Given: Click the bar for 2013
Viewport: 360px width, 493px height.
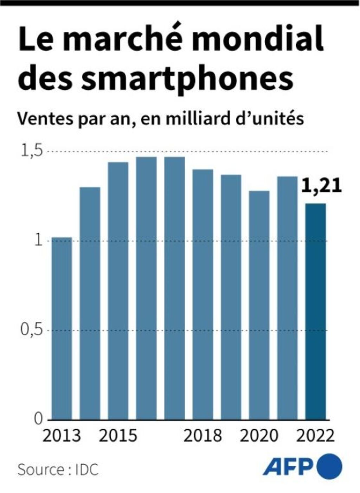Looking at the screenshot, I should point(62,328).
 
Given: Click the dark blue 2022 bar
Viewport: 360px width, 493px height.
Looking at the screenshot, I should point(315,312).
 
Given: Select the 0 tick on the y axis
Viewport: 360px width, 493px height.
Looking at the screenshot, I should point(38,419).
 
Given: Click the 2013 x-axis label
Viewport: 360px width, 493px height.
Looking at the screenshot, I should point(62,436).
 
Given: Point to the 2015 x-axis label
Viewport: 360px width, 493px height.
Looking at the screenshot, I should point(118,436).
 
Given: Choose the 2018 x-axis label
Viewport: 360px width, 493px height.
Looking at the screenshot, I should point(203,436).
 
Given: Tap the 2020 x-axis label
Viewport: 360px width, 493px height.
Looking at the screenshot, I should point(259,436).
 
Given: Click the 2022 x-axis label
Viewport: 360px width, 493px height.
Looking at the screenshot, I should point(315,436).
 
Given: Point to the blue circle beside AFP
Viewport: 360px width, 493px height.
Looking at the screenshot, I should point(329,466).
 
